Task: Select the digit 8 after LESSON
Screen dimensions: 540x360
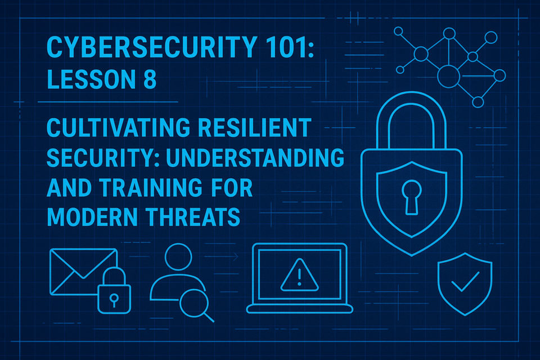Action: tap(150, 79)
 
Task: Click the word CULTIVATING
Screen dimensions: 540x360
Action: tap(118, 128)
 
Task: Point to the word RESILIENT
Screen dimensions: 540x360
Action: tap(255, 128)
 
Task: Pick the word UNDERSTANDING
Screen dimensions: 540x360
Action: tap(255, 157)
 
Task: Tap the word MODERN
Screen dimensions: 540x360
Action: tap(92, 217)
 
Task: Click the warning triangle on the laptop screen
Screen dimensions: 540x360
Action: tap(299, 275)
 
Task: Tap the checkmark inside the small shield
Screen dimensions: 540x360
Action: tap(465, 281)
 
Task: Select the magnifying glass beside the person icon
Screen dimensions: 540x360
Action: tap(194, 303)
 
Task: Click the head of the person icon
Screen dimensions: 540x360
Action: tap(178, 256)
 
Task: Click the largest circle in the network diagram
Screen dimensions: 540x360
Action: tap(448, 76)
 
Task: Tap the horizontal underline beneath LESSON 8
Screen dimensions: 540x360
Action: tap(108, 102)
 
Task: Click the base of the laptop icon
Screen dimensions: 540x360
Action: tap(300, 309)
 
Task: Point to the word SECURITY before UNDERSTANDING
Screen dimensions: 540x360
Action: tap(103, 157)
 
